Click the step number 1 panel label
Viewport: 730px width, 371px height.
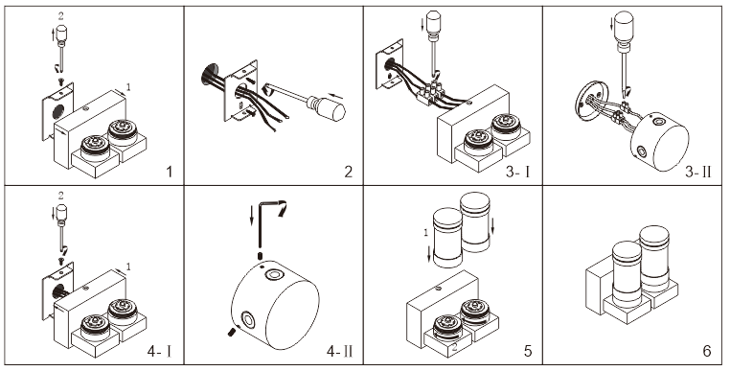170,172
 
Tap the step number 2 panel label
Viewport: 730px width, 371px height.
349,172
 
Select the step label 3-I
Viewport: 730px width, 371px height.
517,172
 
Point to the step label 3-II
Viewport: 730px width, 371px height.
698,172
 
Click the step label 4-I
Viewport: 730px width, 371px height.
159,351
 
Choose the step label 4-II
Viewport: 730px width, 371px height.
339,351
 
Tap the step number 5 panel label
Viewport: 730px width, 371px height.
528,351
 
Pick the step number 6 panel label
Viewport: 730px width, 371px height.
707,351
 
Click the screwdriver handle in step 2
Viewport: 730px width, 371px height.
328,108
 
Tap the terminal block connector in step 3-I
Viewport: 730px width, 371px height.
431,92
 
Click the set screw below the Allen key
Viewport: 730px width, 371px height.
261,256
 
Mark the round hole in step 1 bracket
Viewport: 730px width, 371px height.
58,112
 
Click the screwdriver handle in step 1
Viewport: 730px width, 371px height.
61,34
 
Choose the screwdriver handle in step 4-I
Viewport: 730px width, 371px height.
61,213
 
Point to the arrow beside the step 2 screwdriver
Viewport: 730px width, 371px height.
335,97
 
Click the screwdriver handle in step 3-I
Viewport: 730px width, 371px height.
434,22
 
